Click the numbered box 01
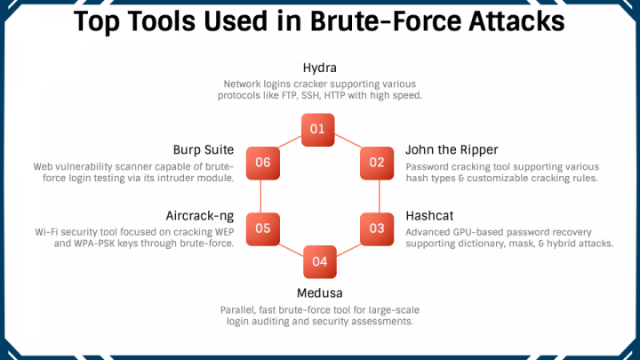(x=317, y=130)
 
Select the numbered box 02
(x=377, y=163)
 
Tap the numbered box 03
(x=377, y=228)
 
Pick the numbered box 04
(x=320, y=261)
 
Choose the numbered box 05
(x=262, y=228)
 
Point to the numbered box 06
(x=262, y=163)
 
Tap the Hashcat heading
(x=431, y=215)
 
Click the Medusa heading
(x=319, y=292)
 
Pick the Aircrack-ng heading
(x=200, y=215)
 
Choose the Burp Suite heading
(x=204, y=149)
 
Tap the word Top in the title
(x=100, y=20)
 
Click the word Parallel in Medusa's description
(x=240, y=309)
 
